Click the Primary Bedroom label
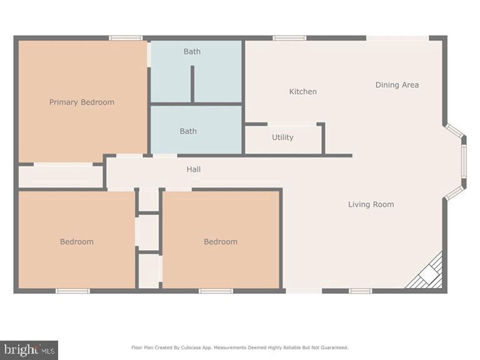82,102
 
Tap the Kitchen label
303,91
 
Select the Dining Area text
397,85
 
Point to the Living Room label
371,204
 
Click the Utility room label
282,137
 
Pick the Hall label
194,169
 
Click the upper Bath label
192,51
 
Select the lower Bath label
188,131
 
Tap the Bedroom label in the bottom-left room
76,242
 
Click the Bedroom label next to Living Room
221,242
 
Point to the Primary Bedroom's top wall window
126,38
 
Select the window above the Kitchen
289,38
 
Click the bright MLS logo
29,350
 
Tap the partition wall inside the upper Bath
192,84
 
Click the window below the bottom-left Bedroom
72,291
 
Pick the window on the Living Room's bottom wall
361,291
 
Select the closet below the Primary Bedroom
61,177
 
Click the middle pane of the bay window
464,161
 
